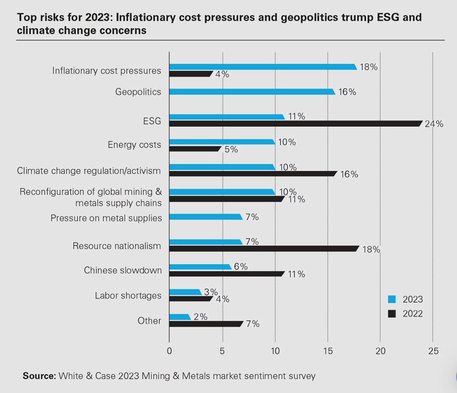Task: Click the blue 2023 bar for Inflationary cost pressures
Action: (263, 67)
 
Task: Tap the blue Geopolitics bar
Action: (252, 92)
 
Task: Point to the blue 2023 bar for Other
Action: (180, 317)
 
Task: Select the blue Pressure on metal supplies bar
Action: (205, 217)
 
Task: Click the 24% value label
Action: (435, 124)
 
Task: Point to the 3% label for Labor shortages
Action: (210, 292)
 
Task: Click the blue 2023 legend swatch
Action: (392, 300)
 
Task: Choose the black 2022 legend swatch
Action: (392, 314)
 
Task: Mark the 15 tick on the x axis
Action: (327, 350)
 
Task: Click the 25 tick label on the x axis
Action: (433, 350)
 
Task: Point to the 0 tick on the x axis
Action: (169, 350)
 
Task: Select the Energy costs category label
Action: (134, 145)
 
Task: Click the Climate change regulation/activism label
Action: (89, 171)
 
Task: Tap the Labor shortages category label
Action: (128, 296)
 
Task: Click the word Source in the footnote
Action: (39, 376)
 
